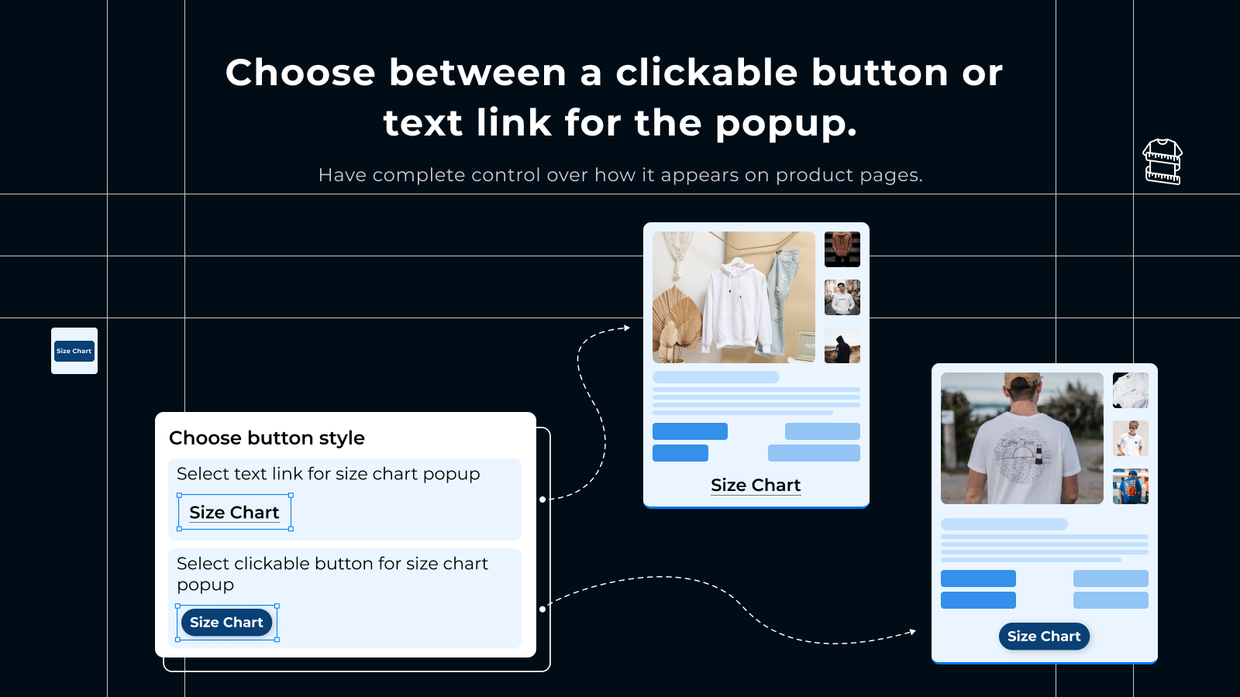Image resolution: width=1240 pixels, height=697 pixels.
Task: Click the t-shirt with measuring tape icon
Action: [x=1162, y=162]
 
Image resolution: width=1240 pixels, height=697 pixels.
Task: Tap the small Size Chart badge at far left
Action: [x=74, y=351]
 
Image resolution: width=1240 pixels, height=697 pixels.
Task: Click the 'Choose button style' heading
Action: [x=267, y=438]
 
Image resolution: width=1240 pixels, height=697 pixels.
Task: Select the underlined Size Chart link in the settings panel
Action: [x=234, y=512]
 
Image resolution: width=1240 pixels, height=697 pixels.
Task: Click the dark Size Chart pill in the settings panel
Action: [x=226, y=623]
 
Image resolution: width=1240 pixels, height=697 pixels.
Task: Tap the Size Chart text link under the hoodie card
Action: [x=756, y=485]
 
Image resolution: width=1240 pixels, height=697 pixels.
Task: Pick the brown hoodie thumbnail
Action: [x=842, y=249]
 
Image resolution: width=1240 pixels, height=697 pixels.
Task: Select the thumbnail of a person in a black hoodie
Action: [x=842, y=345]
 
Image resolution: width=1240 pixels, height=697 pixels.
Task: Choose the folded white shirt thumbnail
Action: [x=1131, y=390]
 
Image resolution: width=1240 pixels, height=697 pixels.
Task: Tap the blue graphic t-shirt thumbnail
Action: [x=1131, y=486]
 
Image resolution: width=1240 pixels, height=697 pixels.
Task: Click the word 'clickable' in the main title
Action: [x=707, y=73]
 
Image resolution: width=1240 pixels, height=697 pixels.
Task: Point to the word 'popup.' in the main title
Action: [x=786, y=124]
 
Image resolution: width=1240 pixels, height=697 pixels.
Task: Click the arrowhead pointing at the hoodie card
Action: [x=627, y=328]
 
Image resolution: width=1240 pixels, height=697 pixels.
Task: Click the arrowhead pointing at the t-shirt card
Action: [x=913, y=632]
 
